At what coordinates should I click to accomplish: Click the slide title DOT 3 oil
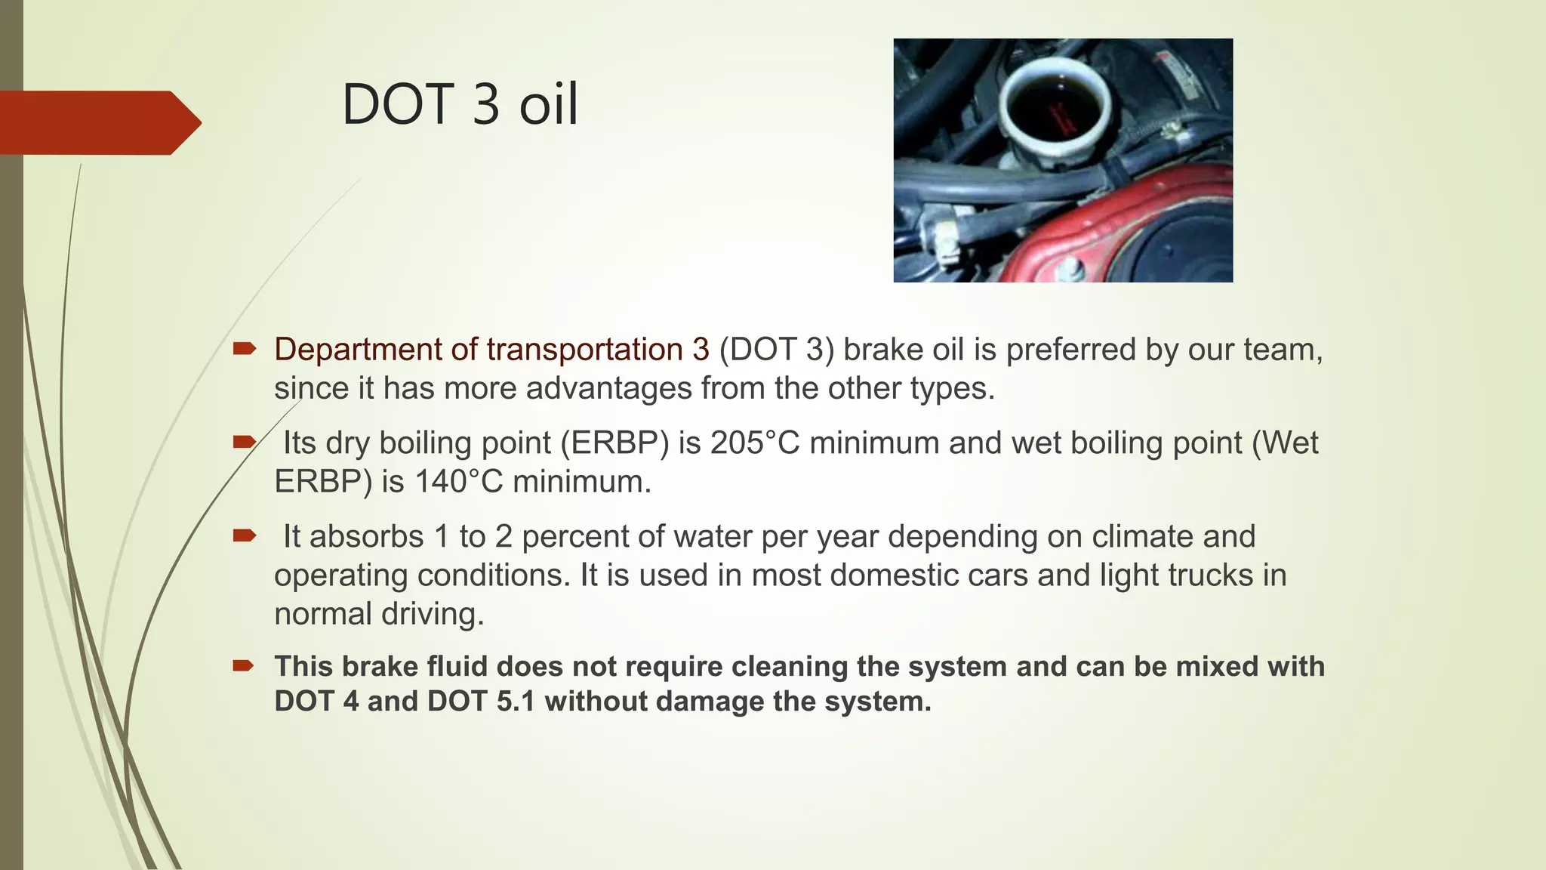pos(460,104)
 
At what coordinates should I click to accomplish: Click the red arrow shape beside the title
pos(98,122)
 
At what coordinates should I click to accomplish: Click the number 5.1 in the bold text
pos(516,702)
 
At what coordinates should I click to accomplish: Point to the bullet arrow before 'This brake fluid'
pos(243,665)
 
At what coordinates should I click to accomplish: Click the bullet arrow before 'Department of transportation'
pos(244,348)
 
